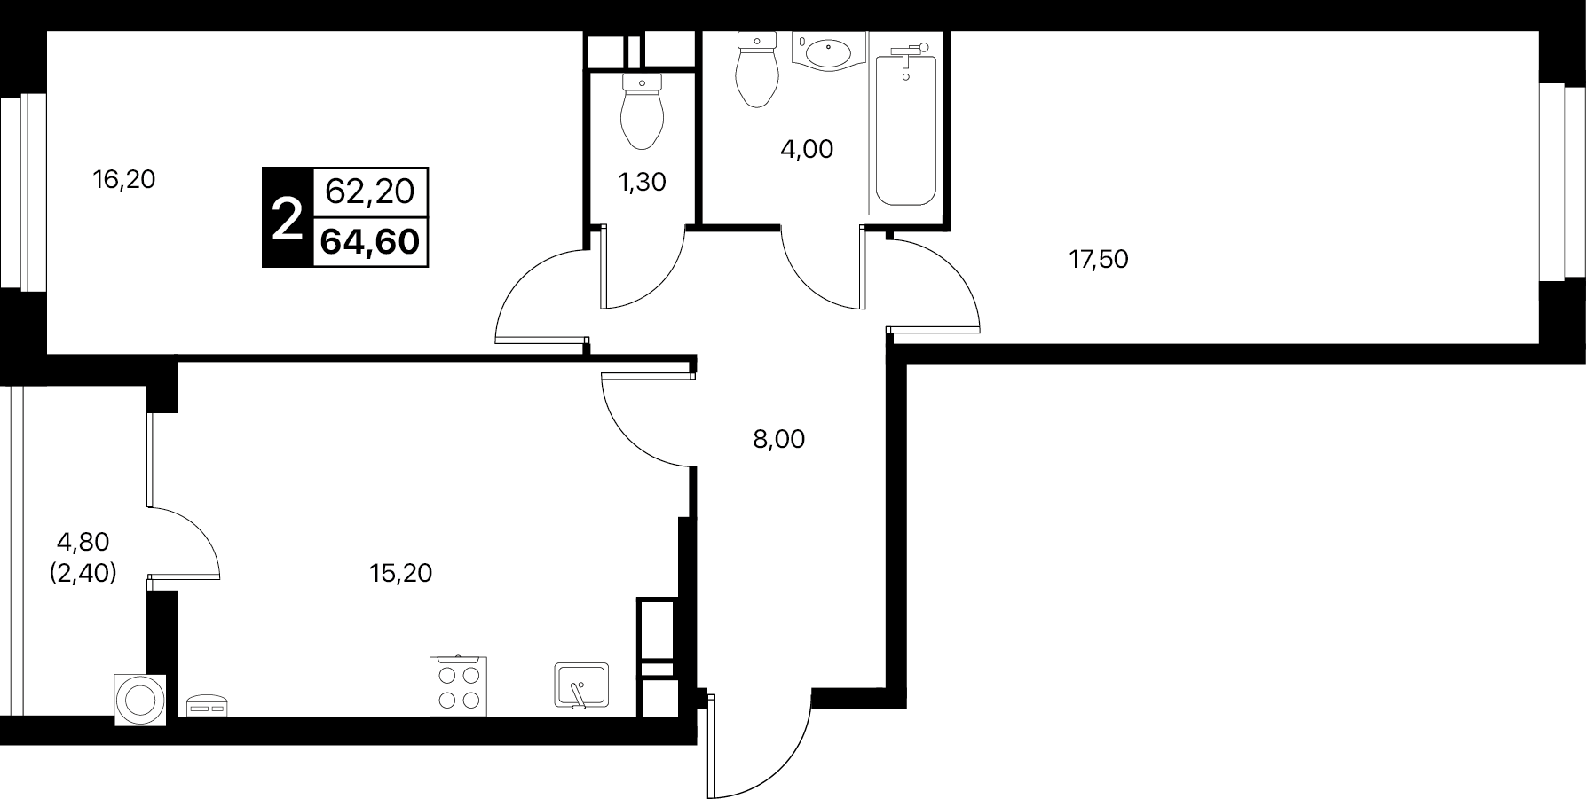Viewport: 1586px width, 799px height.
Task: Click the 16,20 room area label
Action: pyautogui.click(x=124, y=180)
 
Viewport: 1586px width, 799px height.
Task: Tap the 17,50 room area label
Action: pyautogui.click(x=1099, y=260)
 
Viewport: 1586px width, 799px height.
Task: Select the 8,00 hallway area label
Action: pyautogui.click(x=778, y=439)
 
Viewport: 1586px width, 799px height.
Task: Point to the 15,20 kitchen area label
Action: pyautogui.click(x=400, y=574)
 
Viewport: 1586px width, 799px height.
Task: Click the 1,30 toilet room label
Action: pyautogui.click(x=642, y=183)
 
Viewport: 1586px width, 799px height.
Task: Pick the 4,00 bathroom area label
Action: pyautogui.click(x=807, y=150)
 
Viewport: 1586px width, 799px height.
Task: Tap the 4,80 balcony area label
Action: pyautogui.click(x=83, y=541)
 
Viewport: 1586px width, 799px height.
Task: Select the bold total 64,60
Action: pyautogui.click(x=370, y=241)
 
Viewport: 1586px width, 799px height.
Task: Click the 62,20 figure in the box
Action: pyautogui.click(x=370, y=191)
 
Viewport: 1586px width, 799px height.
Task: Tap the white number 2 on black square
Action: pyautogui.click(x=287, y=217)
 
